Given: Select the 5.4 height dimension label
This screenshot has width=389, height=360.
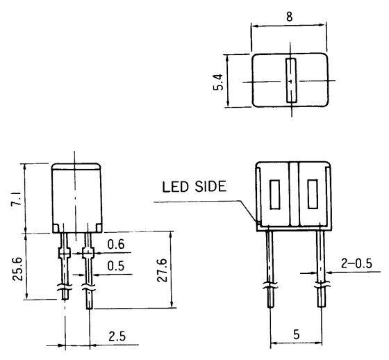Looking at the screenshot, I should pos(219,82).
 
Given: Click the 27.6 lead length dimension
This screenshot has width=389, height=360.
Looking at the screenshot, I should pos(160,270).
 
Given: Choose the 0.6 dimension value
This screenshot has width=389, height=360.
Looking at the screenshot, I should pos(116,245).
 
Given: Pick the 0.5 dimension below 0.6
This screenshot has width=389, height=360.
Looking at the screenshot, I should pos(116,265).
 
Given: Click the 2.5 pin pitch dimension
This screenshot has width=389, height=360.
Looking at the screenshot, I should pos(117,336).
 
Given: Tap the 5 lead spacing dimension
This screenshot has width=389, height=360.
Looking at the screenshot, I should pos(297,334).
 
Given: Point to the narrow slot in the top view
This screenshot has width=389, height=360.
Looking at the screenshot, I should pos(290,81).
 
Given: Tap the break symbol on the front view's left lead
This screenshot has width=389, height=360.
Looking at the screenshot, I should pos(269,285).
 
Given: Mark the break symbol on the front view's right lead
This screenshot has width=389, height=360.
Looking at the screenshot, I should pos(322,285).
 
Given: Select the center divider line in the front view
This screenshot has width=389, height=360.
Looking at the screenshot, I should pos(297,194).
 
